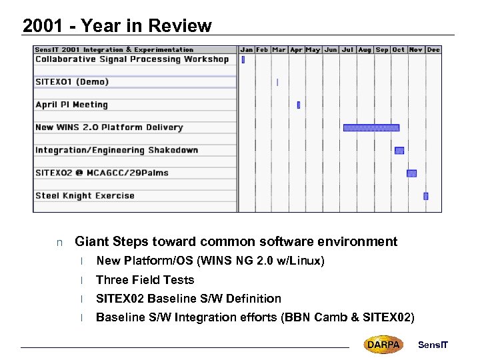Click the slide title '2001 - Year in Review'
117,26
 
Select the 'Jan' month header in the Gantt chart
247,49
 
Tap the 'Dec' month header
433,49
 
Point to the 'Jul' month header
347,49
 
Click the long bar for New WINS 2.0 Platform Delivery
371,127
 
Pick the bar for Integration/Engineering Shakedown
399,150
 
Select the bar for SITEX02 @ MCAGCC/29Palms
411,173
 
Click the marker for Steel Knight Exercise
426,196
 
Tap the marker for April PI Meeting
298,105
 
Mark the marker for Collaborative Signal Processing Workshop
243,59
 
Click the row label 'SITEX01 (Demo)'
72,82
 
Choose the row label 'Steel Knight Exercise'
85,196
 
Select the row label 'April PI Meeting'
71,105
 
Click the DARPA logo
383,345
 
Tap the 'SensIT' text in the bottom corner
433,345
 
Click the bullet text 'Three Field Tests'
145,280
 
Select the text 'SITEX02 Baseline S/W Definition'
189,299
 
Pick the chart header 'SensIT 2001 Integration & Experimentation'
114,49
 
